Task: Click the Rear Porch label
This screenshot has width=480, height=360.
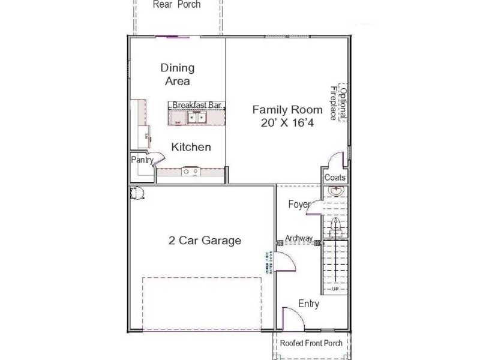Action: click(176, 5)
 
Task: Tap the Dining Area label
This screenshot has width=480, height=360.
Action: click(178, 74)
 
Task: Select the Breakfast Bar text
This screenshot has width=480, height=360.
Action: click(197, 105)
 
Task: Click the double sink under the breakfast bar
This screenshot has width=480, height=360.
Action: click(196, 118)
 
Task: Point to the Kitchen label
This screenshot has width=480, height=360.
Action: click(191, 147)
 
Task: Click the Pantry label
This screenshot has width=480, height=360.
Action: click(142, 160)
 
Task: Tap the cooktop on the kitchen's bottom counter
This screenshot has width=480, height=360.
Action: click(191, 172)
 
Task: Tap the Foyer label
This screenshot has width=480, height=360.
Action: click(299, 204)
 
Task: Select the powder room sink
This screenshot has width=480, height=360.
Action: click(336, 192)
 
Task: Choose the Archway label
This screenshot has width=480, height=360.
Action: click(299, 239)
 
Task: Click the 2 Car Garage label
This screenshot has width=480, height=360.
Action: click(205, 241)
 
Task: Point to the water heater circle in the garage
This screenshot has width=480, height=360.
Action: click(137, 193)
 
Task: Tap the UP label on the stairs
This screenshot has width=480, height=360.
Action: click(336, 289)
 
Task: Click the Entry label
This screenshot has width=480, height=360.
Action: click(308, 304)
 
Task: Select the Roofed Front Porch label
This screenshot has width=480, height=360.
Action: click(311, 344)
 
